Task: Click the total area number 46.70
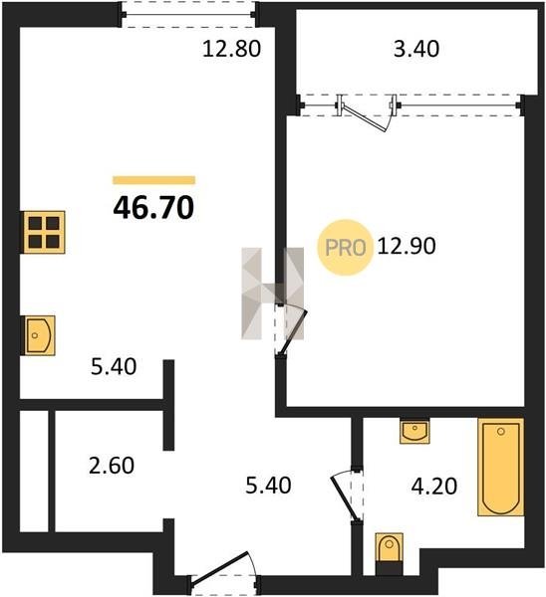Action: tap(153, 208)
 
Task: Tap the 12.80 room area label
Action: tap(231, 49)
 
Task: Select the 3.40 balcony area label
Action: tap(416, 49)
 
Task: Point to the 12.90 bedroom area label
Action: tap(407, 246)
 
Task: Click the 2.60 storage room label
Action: tap(112, 466)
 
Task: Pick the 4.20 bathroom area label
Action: tap(434, 487)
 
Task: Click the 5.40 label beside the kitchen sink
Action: tap(114, 367)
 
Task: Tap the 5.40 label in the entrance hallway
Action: tap(268, 486)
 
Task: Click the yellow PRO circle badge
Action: tap(345, 248)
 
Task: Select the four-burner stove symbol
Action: tap(44, 232)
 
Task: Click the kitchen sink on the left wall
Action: tap(40, 335)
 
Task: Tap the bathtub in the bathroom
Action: tap(500, 468)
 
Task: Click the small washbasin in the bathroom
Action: tap(414, 432)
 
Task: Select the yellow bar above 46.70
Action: tap(153, 180)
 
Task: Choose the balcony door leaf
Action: tap(365, 118)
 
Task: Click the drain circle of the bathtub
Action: tap(501, 432)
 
